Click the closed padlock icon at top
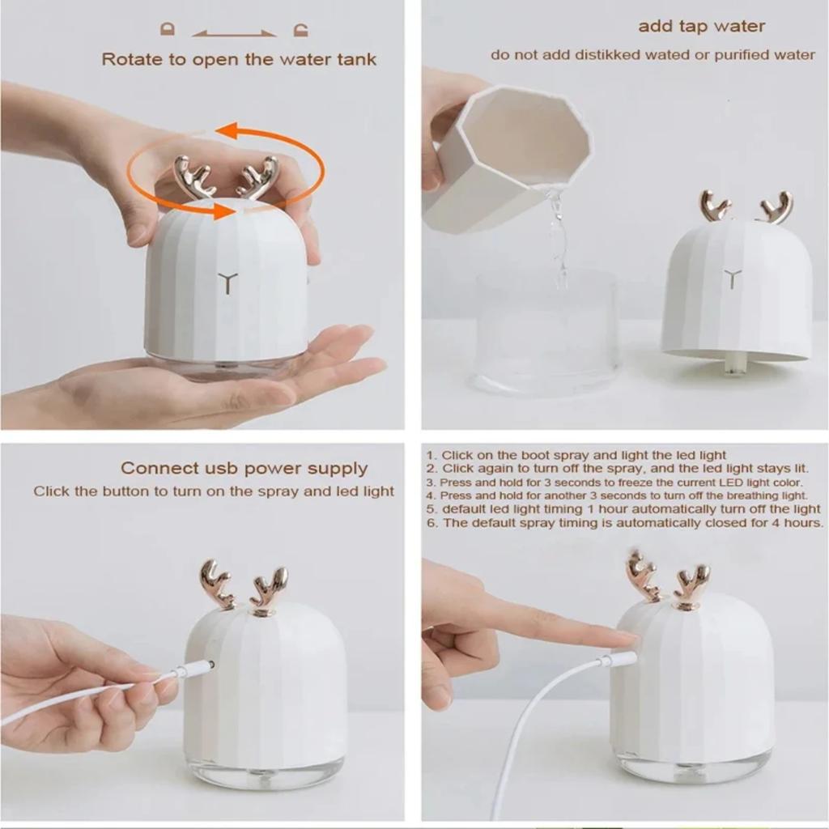point(168,30)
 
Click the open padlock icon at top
point(301,30)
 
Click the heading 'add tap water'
point(701,26)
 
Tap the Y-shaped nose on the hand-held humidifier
point(226,282)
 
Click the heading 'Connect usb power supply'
point(244,468)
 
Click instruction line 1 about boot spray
point(576,455)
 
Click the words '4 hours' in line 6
point(799,523)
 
